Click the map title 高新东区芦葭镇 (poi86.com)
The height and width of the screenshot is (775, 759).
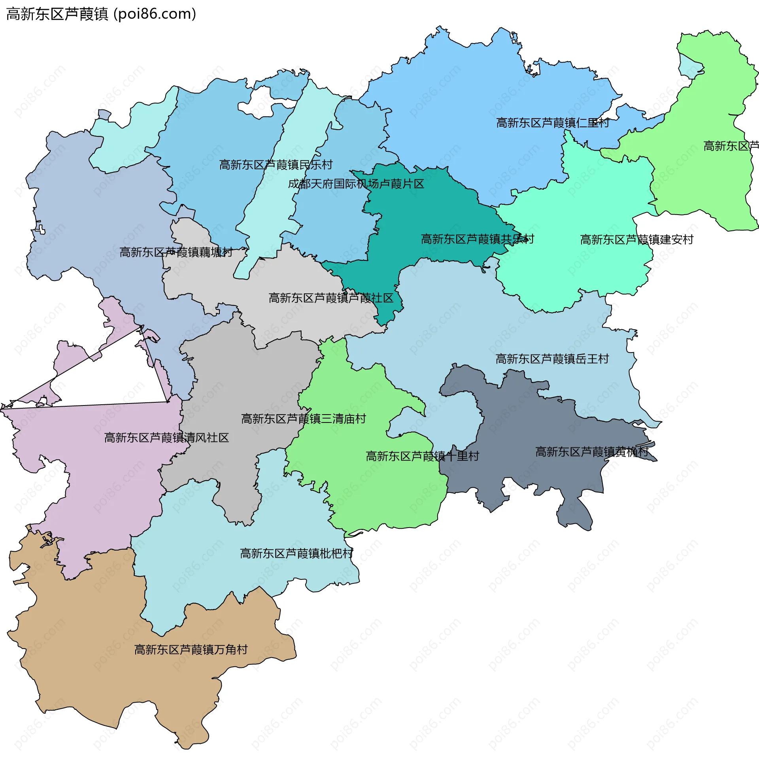click(x=101, y=14)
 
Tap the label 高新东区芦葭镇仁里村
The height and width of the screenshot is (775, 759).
click(x=552, y=123)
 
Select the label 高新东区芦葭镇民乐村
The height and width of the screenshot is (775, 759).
click(x=276, y=164)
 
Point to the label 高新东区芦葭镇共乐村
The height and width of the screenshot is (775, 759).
click(x=477, y=239)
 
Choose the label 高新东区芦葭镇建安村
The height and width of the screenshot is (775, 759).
click(x=636, y=239)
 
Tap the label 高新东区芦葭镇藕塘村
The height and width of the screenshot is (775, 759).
click(x=176, y=252)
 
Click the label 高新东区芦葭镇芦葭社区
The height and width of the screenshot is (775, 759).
click(x=331, y=298)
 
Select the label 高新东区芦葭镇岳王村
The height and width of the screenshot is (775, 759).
click(x=552, y=359)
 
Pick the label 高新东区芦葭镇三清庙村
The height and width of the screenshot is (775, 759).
click(x=303, y=419)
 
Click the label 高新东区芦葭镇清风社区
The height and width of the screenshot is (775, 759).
click(x=166, y=438)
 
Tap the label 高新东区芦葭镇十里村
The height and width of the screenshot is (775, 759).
click(x=422, y=456)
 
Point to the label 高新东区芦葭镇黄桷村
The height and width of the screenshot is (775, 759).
click(x=592, y=452)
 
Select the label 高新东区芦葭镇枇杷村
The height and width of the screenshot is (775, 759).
click(x=296, y=553)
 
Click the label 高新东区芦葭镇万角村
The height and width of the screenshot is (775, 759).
click(x=191, y=650)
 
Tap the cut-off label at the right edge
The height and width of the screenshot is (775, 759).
click(x=731, y=146)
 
